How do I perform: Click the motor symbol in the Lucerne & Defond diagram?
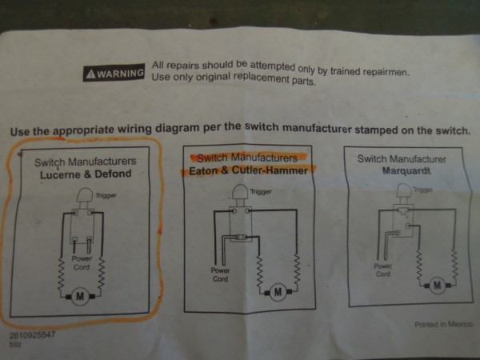click(80, 297)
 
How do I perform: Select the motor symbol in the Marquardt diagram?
click(436, 284)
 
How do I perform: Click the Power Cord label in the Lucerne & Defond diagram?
click(82, 263)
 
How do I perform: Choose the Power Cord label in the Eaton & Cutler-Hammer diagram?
click(220, 274)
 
